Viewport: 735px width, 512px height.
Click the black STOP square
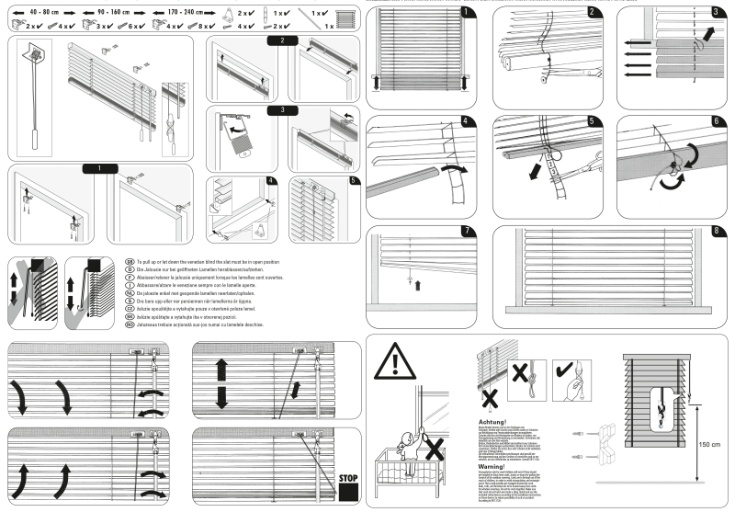347,487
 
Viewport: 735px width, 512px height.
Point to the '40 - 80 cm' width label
45,12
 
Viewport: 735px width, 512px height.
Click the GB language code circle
129,261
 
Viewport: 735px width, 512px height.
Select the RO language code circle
129,324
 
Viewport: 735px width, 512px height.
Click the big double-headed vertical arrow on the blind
221,384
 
